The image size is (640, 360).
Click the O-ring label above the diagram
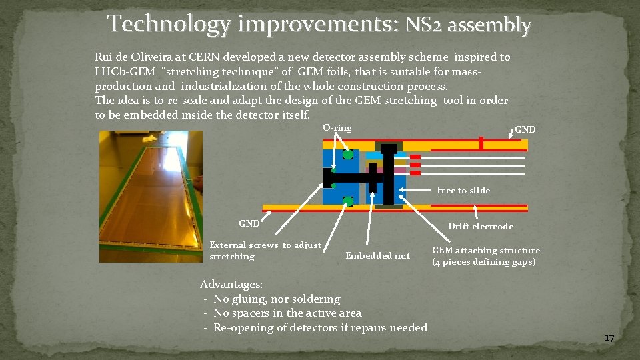(337, 127)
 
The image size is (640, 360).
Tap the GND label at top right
(525, 129)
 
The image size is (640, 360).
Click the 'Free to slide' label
(463, 191)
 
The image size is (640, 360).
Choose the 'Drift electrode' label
(480, 227)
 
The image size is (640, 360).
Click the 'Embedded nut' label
(377, 256)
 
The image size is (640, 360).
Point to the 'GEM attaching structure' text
(486, 251)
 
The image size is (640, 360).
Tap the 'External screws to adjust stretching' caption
(265, 251)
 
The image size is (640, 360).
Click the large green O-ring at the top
(347, 155)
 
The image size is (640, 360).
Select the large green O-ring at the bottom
(347, 201)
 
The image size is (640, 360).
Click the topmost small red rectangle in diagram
(415, 157)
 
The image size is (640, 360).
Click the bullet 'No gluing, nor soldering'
(276, 299)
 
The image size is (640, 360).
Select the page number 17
(608, 339)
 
